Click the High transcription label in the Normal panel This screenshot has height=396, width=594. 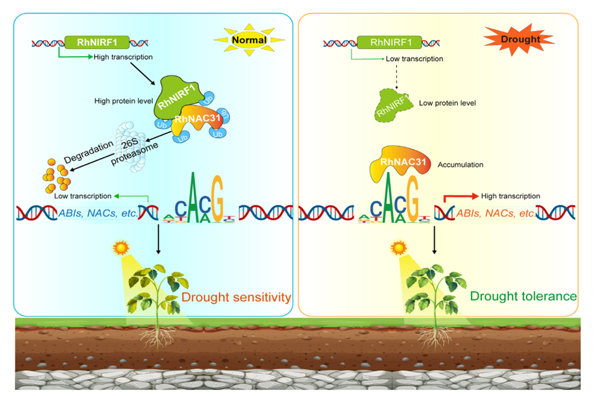coord(123,58)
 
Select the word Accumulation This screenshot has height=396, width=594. coord(460,165)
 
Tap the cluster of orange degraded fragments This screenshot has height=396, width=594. coord(56,176)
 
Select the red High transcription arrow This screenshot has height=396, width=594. coord(461,196)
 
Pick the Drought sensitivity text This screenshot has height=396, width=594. coord(236,298)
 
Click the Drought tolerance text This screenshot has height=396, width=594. coord(523,296)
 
